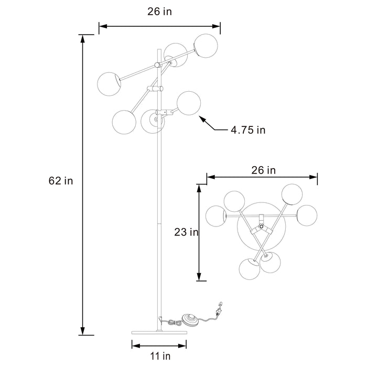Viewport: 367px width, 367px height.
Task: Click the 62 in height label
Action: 60,181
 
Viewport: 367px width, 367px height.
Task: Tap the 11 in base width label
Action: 159,356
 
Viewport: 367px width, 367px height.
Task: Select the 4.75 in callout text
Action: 247,129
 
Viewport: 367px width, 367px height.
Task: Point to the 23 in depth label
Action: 186,232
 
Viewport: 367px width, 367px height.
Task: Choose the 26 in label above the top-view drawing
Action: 264,170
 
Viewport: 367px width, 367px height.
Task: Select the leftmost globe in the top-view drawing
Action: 217,217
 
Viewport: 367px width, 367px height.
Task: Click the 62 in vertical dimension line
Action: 82,183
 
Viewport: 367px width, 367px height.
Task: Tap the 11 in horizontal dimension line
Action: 159,346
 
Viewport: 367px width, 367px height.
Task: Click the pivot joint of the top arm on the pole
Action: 158,64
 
